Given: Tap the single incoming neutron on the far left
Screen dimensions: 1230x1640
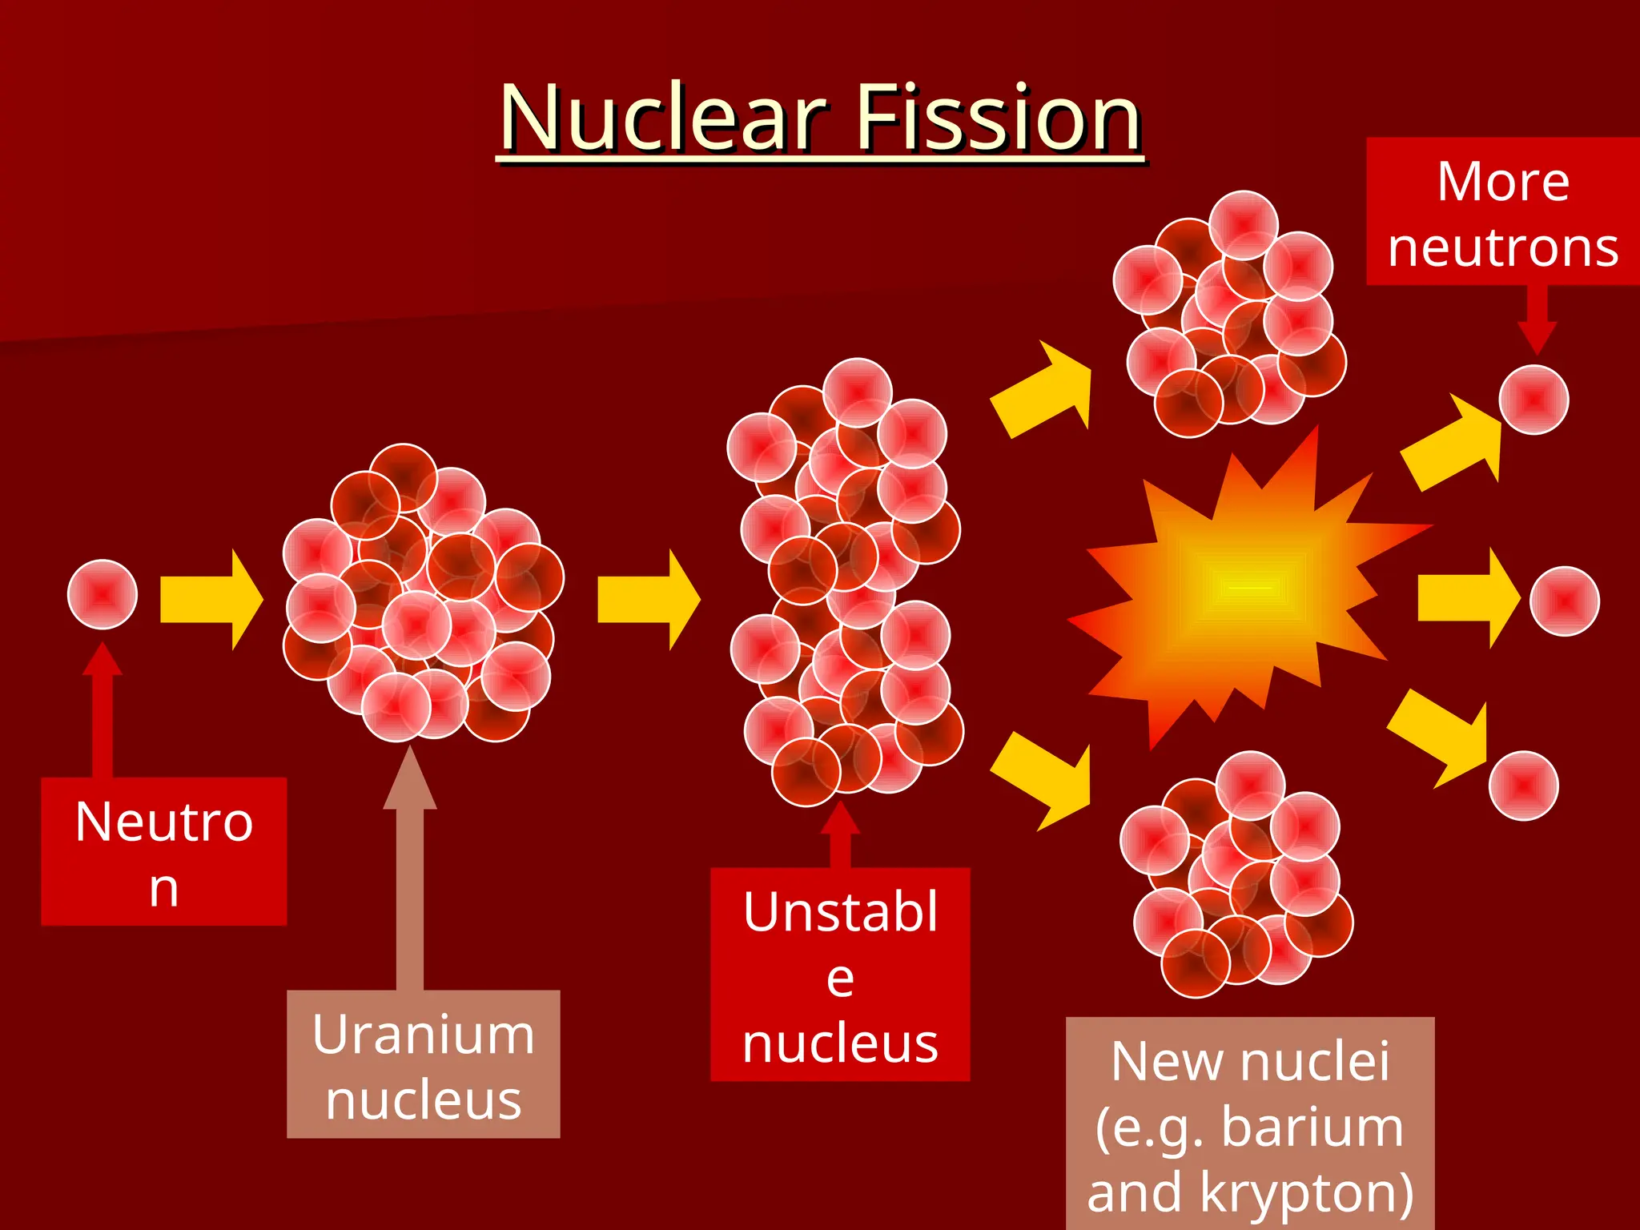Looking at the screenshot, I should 102,594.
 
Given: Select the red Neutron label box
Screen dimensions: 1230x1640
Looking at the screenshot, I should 163,852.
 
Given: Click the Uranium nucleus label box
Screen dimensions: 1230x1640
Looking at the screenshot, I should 423,1064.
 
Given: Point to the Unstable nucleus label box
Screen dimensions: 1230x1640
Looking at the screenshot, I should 840,975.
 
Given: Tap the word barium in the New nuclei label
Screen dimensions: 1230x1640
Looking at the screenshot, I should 1312,1127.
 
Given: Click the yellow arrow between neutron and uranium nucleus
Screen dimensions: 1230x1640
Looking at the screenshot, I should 211,599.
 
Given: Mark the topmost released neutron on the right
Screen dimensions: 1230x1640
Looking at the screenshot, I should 1533,400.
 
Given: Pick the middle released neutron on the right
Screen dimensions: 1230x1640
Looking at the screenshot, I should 1564,601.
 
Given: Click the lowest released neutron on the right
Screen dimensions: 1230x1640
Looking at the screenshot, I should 1523,785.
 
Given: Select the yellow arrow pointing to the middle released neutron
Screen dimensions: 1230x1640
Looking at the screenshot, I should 1468,598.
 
